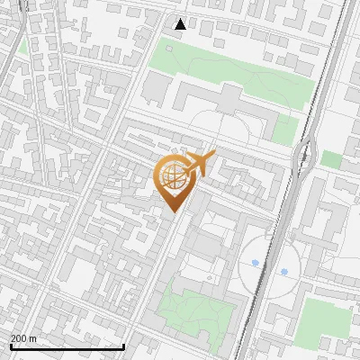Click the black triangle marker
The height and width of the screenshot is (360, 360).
point(181,24)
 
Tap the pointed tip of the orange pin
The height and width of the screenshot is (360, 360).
point(172,212)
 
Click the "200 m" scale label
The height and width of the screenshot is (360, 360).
point(23,338)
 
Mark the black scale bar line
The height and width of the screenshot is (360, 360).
point(67,346)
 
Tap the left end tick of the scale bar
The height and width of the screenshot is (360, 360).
point(11,346)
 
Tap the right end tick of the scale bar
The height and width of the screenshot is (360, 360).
point(123,346)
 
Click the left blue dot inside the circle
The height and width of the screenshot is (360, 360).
point(256,264)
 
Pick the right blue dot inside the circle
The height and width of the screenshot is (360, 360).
point(283,271)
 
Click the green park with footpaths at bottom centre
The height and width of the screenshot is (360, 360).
point(193,310)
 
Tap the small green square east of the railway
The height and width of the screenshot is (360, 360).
point(331,159)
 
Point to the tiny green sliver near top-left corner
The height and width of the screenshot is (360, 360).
point(22,45)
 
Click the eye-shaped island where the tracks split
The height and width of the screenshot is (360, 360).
point(305,157)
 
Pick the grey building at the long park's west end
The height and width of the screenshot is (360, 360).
point(157,86)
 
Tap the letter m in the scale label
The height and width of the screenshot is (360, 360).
point(33,338)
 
